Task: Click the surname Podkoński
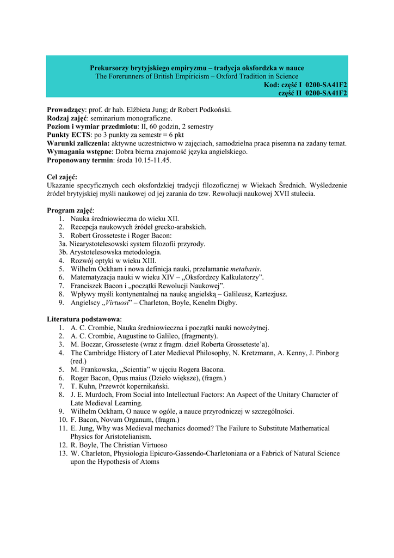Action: click(x=213, y=110)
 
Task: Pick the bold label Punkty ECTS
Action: click(x=68, y=135)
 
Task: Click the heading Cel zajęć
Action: click(x=62, y=177)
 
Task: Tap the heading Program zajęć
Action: click(x=70, y=210)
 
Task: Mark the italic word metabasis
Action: click(x=245, y=269)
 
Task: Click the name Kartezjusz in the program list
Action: click(x=269, y=294)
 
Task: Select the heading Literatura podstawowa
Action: click(x=84, y=319)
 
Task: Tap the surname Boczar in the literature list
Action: click(x=90, y=344)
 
